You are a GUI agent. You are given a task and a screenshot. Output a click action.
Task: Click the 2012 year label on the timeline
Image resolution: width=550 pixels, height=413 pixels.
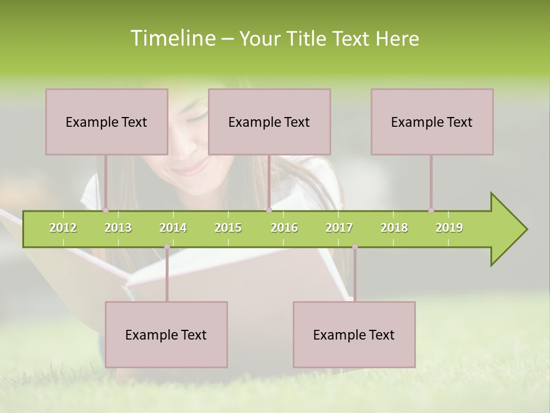(x=63, y=228)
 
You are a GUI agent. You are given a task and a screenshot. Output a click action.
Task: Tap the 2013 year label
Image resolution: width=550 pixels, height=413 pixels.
(x=118, y=228)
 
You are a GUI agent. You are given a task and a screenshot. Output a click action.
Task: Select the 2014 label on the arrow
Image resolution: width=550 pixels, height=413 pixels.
(x=173, y=228)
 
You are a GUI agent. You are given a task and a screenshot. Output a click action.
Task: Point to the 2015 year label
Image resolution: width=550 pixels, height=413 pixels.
(x=228, y=228)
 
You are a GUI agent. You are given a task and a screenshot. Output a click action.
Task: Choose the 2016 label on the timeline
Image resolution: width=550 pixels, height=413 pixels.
(x=284, y=228)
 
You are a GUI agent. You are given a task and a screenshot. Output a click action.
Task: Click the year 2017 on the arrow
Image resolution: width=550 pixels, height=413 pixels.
(x=339, y=228)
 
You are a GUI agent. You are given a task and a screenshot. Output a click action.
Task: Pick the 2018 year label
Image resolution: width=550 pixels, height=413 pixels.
(x=394, y=228)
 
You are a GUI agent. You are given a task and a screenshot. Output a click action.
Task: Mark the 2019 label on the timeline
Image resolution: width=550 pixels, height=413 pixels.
(x=449, y=228)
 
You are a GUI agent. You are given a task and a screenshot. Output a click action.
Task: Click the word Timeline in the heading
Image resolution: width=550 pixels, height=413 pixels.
(x=172, y=38)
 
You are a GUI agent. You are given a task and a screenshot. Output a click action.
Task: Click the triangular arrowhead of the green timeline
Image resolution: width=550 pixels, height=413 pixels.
(x=507, y=229)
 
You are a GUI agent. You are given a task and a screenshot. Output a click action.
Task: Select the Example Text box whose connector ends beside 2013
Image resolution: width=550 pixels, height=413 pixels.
(x=107, y=122)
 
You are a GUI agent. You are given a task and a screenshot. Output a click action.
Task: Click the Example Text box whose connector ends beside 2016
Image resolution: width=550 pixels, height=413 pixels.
(x=269, y=122)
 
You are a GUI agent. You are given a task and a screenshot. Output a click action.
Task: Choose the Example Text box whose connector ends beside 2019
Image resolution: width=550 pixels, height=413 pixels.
(x=432, y=122)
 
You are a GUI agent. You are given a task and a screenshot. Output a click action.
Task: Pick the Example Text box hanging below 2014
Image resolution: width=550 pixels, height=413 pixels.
(x=166, y=334)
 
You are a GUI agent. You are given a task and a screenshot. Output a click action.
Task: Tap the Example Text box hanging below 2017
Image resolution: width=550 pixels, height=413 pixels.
(x=354, y=334)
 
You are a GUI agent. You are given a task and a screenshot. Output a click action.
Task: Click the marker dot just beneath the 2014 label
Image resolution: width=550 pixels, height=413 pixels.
(x=167, y=247)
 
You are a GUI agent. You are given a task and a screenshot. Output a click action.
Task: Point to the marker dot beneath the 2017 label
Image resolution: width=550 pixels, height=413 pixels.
(x=355, y=247)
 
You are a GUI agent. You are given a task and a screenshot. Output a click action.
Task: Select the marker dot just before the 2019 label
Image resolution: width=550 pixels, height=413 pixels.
(x=431, y=210)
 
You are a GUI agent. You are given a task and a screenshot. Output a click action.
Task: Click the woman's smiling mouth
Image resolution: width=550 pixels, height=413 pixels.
(x=192, y=168)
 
